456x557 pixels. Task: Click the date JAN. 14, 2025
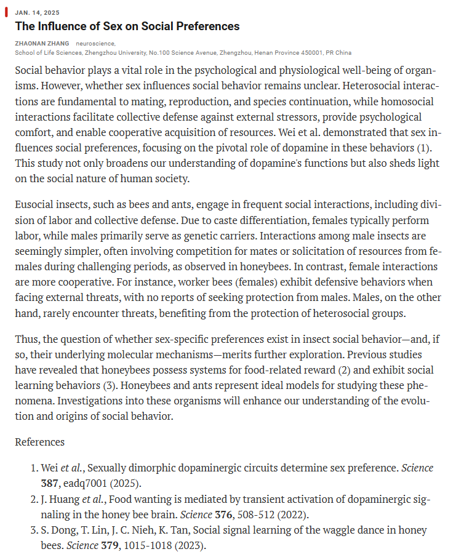coord(33,12)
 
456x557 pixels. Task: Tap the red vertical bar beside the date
coord(7,12)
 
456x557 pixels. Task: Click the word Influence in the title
coord(68,26)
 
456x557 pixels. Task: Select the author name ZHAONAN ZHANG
coord(42,44)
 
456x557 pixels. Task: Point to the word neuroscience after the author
coord(96,44)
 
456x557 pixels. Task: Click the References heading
coord(39,443)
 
